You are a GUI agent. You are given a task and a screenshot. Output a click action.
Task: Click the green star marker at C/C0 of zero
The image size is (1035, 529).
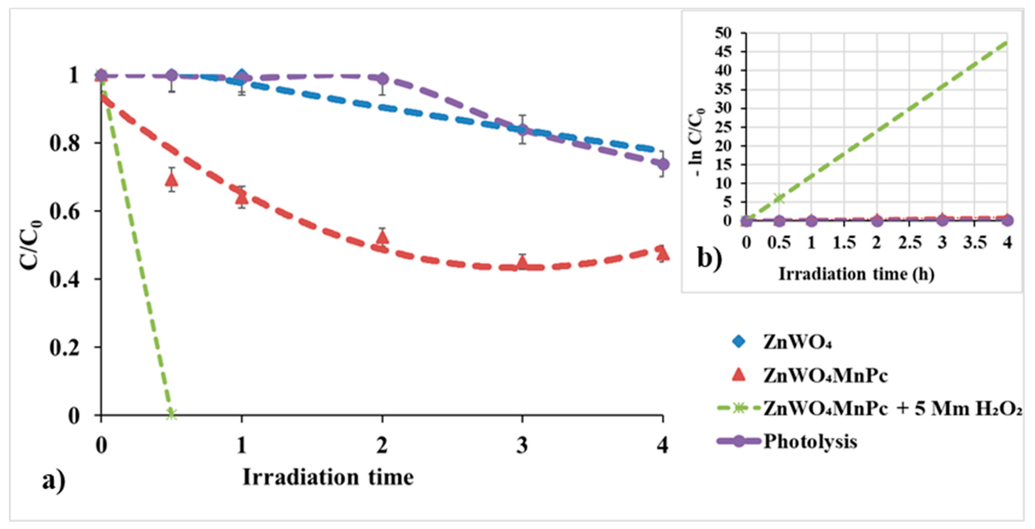click(x=172, y=414)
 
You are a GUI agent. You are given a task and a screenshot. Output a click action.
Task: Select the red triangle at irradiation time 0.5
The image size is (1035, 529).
click(x=172, y=180)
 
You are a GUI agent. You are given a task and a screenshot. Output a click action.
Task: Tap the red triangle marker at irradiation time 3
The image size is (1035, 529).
click(x=522, y=263)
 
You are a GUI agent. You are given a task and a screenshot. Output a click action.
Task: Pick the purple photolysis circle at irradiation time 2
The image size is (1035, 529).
click(x=382, y=79)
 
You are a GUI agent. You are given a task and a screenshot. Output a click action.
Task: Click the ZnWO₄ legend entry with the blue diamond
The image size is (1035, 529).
click(x=798, y=342)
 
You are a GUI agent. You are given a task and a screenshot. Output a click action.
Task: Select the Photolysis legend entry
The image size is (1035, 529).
click(x=810, y=442)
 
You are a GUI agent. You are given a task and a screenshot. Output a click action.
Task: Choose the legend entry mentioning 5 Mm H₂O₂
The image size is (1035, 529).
click(x=892, y=409)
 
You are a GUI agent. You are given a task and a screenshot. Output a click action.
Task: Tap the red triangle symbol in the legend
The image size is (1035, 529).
click(x=738, y=375)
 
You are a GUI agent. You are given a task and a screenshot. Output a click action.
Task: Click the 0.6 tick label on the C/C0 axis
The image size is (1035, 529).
click(x=64, y=212)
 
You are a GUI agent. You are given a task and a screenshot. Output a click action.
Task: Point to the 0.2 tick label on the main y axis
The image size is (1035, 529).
click(x=64, y=348)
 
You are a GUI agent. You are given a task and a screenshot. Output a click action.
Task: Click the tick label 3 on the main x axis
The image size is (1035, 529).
click(x=522, y=446)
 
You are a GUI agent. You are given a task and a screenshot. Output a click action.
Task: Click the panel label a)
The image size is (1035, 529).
click(x=54, y=480)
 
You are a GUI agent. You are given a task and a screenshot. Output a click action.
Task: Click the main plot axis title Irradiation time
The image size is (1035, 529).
click(x=328, y=478)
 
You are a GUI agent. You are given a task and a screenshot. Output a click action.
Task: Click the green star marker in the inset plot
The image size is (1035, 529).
click(x=779, y=198)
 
